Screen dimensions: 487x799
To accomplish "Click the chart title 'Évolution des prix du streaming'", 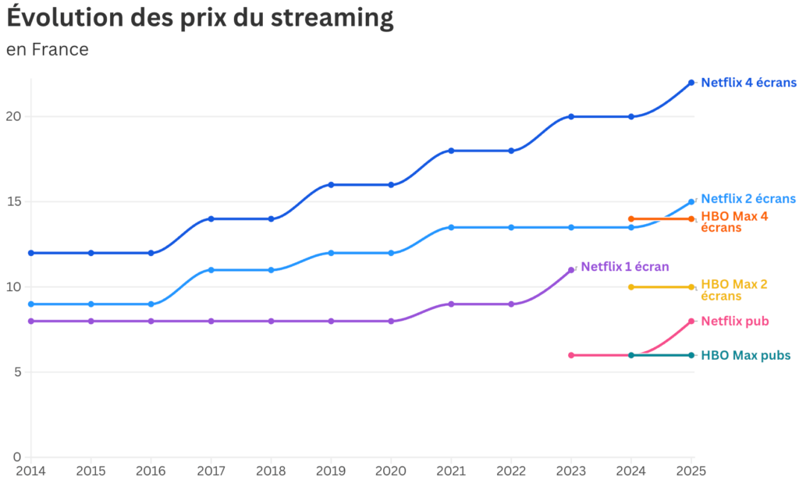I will coord(200,18).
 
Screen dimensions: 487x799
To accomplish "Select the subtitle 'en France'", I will coord(48,50).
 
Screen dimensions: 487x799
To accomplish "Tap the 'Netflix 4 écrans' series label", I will coord(748,83).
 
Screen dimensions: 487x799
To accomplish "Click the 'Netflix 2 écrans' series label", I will coord(748,199).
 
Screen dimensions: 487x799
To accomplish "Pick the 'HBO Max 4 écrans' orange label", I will coord(734,222).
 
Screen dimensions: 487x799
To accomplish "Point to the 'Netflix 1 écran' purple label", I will coord(624,267).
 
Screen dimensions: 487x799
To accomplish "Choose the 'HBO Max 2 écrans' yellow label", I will coord(734,290).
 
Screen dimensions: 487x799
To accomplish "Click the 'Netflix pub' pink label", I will coord(735,321).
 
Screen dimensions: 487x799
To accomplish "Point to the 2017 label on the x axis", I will coord(211,471).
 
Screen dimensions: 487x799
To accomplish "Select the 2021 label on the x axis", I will coord(451,471).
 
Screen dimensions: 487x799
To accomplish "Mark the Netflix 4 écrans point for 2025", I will coord(691,83).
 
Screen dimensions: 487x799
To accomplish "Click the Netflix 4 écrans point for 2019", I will coord(331,185).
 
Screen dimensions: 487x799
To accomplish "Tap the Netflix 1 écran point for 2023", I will coord(571,270).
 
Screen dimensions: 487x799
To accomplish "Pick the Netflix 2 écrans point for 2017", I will coord(211,270).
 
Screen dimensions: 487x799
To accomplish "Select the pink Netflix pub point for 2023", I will coord(571,355).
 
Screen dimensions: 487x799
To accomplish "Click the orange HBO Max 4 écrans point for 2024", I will coord(631,219).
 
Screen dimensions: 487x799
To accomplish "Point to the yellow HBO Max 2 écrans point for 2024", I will coord(631,287).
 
